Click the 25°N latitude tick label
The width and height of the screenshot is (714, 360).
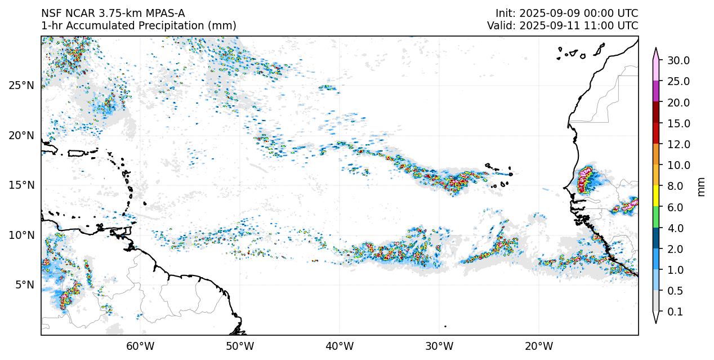pos(21,86)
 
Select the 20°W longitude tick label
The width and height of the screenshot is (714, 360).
pos(539,346)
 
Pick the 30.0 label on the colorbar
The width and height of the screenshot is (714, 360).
pos(679,61)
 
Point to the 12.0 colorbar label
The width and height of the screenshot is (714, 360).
pos(679,145)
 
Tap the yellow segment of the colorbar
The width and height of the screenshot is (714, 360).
pos(656,196)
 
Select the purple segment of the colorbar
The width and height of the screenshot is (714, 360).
pos(656,91)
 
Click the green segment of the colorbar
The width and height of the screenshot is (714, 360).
pos(656,217)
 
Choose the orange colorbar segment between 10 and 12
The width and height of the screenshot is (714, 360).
pos(656,154)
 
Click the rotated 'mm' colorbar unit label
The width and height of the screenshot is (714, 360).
pos(701,186)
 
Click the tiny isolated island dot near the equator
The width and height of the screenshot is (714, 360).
pos(445,326)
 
